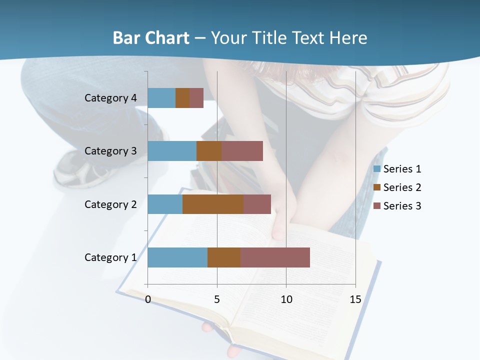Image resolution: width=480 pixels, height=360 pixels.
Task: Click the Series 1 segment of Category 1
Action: tap(177, 257)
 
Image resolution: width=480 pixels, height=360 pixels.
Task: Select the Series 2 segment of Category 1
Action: tap(224, 257)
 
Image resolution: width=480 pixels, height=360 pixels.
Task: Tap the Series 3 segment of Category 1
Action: tap(275, 257)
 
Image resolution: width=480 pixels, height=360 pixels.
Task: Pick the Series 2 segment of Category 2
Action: tap(213, 204)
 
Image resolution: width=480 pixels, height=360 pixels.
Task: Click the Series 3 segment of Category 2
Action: tap(257, 204)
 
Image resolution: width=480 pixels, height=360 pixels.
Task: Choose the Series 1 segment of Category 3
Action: tap(172, 151)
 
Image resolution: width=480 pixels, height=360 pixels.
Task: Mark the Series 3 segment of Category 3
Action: tap(242, 151)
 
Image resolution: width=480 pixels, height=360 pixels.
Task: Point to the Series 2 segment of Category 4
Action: tap(182, 98)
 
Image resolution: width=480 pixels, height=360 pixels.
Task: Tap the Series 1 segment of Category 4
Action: tap(161, 98)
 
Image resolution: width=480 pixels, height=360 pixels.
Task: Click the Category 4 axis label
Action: tap(110, 98)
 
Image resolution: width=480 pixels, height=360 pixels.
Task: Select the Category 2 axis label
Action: tap(110, 204)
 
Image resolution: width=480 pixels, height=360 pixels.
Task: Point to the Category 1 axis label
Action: tap(110, 257)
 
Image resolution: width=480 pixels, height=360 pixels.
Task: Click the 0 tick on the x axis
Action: tap(148, 299)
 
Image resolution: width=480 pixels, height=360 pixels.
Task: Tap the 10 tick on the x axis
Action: tap(286, 299)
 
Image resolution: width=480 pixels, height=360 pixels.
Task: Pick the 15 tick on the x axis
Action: tap(355, 299)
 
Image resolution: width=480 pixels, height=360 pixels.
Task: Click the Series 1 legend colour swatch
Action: tap(377, 169)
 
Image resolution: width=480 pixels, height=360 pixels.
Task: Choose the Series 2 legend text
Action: tap(402, 187)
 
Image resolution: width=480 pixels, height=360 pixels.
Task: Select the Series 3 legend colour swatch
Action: tap(377, 206)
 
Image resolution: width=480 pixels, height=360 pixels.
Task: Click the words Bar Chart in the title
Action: tap(151, 38)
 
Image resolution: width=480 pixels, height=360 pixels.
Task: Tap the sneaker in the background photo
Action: tap(75, 167)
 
